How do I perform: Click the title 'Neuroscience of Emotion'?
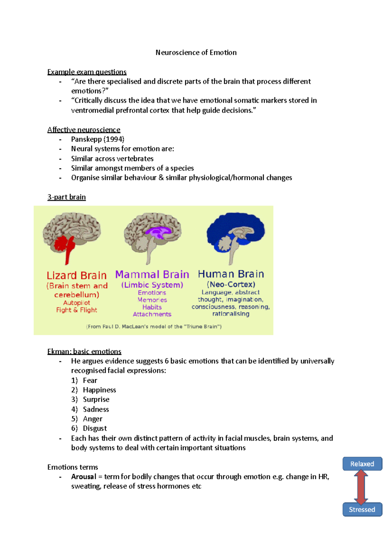coord(196,53)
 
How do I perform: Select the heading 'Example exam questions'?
coord(87,72)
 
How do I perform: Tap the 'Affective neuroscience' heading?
coord(84,130)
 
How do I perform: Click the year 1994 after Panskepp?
coord(114,139)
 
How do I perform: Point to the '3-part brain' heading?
coord(67,197)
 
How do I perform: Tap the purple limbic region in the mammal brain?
coord(157,232)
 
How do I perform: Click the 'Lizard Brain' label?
coord(76,275)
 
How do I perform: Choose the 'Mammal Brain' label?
coord(152,274)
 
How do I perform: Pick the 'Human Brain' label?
coord(231,274)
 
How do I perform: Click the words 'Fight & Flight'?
coord(76,310)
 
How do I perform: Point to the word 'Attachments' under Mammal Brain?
coord(152,314)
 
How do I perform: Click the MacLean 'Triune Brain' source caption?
coord(154,327)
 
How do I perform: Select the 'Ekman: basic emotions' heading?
coord(84,352)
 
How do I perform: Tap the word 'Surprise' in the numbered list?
coord(96,400)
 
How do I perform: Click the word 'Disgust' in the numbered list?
coord(95,428)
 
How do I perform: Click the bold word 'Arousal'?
coord(84,477)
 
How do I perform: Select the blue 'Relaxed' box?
coord(362,464)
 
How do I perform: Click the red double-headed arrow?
coord(361,487)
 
